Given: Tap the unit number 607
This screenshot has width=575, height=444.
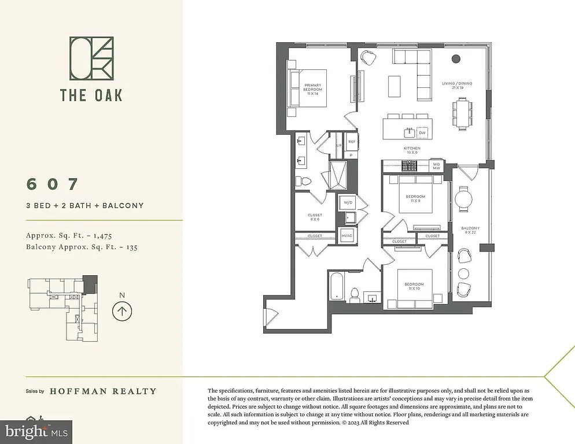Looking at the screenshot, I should click(52, 184).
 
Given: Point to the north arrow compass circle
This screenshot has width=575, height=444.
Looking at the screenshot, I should click(121, 311).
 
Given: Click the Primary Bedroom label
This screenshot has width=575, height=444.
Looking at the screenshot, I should click(313, 88).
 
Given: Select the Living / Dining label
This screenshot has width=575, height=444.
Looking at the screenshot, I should click(457, 86).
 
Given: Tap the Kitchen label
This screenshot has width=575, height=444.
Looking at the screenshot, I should click(411, 149).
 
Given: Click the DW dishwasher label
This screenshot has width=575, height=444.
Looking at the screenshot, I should click(422, 132).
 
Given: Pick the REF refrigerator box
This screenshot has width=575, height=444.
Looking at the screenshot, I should click(351, 141).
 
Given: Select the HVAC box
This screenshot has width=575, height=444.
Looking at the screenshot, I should click(347, 235).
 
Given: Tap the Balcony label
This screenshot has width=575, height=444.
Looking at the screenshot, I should click(470, 231).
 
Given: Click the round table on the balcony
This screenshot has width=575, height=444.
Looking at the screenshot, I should click(463, 199).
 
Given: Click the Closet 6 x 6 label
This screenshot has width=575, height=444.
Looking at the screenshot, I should click(315, 217).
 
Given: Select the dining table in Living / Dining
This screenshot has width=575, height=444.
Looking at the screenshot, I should click(463, 112).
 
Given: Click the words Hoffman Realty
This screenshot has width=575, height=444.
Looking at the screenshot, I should click(103, 391).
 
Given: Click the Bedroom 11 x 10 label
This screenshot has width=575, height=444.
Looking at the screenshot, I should click(414, 286).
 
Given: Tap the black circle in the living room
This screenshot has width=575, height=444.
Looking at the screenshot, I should click(456, 58).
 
